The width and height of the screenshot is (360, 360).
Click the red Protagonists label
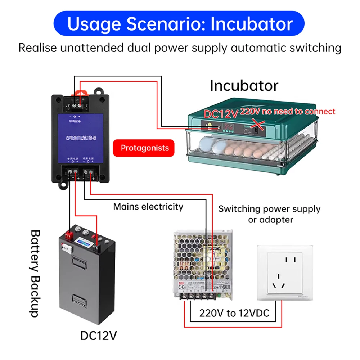click(144, 148)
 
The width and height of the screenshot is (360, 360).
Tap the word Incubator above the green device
click(244, 86)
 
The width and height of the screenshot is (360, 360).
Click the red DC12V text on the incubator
click(221, 114)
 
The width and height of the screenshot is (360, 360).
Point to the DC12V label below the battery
click(98, 336)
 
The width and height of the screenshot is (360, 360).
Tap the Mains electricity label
click(148, 207)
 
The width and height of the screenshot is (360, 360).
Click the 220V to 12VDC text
click(234, 313)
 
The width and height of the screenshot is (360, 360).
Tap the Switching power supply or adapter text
click(269, 214)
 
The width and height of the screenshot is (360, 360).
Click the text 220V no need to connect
click(287, 112)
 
